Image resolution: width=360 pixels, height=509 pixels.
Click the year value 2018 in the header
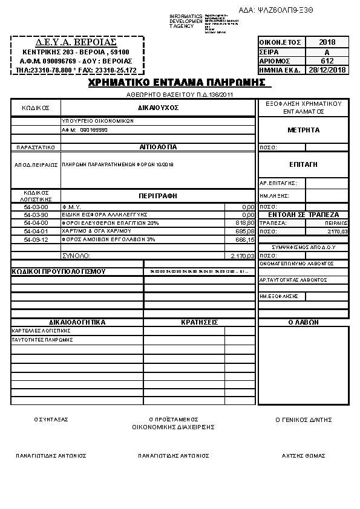tap(327, 42)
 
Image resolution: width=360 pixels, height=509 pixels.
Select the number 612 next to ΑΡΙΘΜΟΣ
tap(327, 61)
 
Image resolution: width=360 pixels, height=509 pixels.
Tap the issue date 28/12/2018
tap(327, 70)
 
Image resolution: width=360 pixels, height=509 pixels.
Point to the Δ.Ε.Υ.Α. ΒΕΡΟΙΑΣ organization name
tap(77, 44)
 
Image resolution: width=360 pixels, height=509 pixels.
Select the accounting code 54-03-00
tap(36, 207)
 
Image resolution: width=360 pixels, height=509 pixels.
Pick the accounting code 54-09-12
tap(36, 239)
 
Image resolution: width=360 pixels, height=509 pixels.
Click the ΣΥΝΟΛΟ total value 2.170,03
tap(243, 256)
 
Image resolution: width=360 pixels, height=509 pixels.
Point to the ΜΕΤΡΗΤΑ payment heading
tap(303, 130)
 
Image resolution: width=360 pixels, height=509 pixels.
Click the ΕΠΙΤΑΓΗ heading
tap(303, 164)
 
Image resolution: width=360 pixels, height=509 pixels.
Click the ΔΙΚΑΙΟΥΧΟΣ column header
tap(157, 107)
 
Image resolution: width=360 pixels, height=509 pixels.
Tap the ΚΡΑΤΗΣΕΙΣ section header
tap(199, 322)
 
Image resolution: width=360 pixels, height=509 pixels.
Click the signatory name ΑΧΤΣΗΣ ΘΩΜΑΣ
tap(303, 456)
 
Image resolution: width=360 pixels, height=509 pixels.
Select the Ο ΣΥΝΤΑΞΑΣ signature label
tap(51, 419)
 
